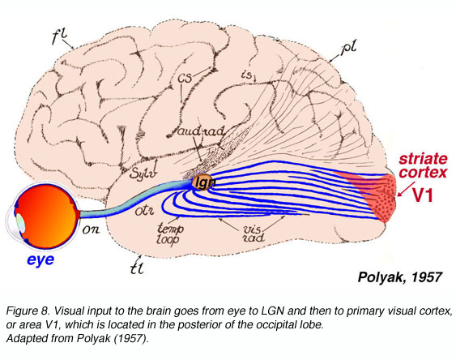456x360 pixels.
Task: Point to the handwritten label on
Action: (x=94, y=229)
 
